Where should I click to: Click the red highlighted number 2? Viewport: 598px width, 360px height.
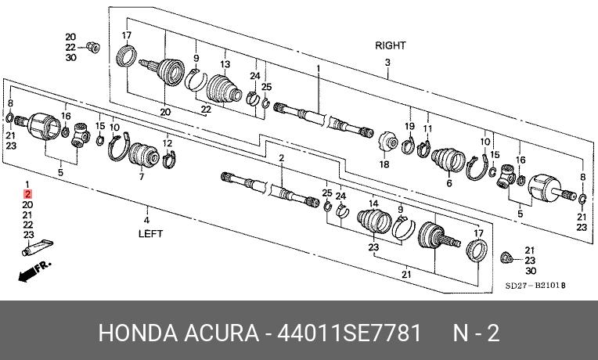[27, 195]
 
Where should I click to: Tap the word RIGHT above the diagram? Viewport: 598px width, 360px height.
[391, 45]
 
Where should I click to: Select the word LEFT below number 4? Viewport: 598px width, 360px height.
[150, 233]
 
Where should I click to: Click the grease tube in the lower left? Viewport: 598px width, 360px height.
[38, 247]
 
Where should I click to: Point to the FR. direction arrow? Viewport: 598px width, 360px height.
[34, 271]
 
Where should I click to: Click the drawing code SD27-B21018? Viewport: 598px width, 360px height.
[535, 285]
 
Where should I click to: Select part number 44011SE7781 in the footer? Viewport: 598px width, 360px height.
[348, 333]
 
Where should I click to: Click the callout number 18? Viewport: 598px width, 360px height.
[384, 164]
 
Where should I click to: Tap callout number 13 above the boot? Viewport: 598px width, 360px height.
[225, 64]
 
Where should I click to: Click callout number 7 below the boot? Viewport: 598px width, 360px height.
[142, 177]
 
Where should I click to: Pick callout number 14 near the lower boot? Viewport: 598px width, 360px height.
[373, 203]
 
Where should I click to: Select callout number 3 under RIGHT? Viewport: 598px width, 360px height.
[387, 62]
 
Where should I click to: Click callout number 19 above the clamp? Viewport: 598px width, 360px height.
[409, 126]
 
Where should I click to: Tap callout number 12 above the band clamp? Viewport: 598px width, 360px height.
[168, 143]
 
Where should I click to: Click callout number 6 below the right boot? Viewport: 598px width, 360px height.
[449, 183]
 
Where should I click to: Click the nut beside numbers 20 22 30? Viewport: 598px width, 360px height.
[93, 47]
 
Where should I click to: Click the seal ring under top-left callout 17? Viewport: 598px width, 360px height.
[126, 56]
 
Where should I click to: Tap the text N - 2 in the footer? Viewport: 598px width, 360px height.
[476, 333]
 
